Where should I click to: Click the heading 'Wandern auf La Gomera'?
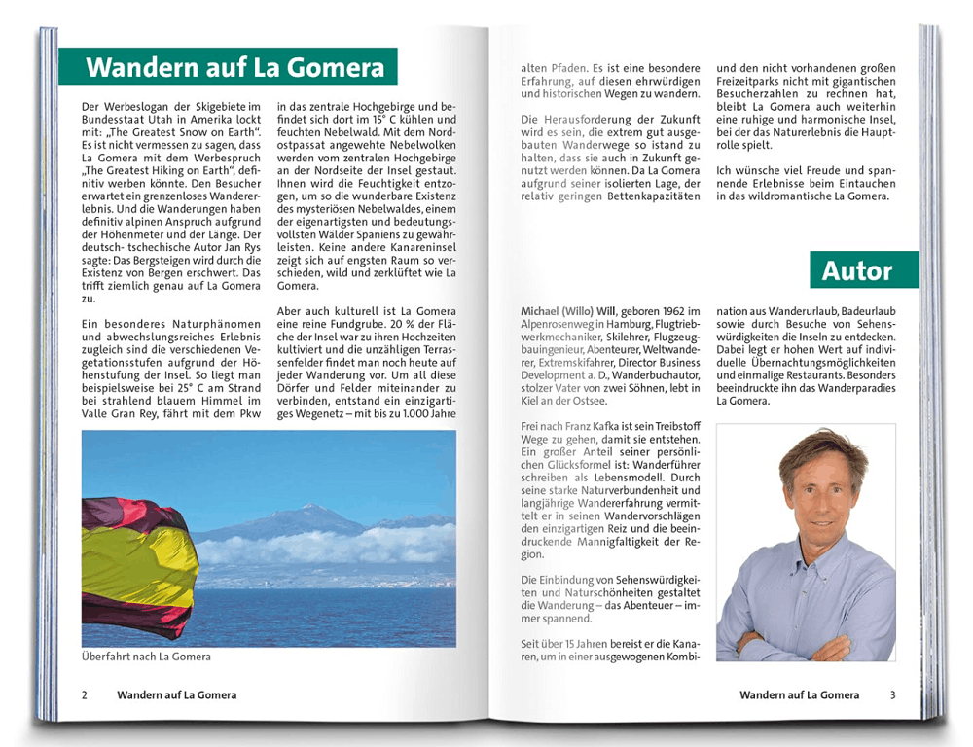(x=235, y=68)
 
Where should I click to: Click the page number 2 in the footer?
(x=85, y=695)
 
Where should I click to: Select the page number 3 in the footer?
(x=892, y=695)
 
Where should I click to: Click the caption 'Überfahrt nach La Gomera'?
(x=146, y=657)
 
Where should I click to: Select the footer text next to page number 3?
(x=799, y=695)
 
